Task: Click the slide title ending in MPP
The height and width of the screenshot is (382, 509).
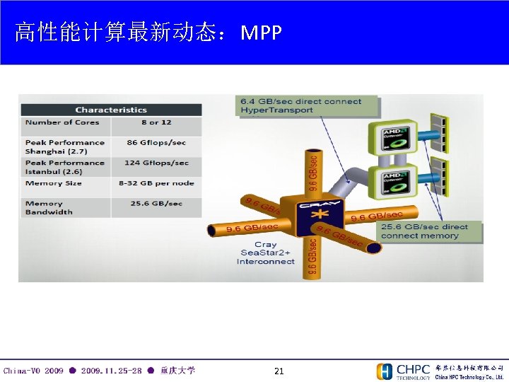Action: click(x=148, y=33)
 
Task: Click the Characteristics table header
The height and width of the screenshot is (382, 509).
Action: click(x=111, y=110)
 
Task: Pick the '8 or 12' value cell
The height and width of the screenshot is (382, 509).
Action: click(x=150, y=122)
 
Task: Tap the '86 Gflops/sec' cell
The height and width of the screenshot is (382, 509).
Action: click(x=156, y=143)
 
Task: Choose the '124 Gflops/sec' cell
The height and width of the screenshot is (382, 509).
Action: click(x=156, y=163)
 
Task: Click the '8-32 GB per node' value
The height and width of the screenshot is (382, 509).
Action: click(x=156, y=183)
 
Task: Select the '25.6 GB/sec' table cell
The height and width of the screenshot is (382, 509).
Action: click(x=156, y=204)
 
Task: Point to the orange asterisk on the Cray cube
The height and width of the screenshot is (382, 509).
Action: click(x=320, y=215)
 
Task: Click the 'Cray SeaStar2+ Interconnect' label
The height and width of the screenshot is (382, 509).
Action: click(x=266, y=253)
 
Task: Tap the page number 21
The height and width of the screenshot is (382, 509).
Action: click(x=279, y=371)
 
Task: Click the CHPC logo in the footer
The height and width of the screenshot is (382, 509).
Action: click(x=404, y=371)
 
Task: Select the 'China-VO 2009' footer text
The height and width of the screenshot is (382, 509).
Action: click(x=33, y=371)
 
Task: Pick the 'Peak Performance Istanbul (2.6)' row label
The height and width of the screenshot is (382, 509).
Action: click(x=64, y=167)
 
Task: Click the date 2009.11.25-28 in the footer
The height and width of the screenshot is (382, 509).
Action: click(x=111, y=371)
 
